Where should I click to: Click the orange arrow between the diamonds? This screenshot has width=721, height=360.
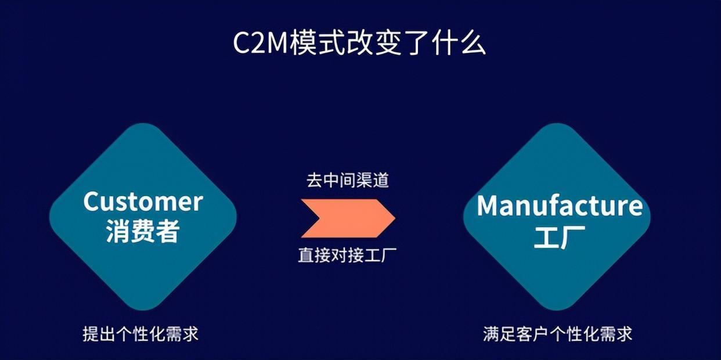pos(348,218)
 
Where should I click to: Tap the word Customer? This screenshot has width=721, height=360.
pos(143,201)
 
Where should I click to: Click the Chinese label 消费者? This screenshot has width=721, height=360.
pos(143,231)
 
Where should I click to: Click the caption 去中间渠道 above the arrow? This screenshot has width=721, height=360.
pos(348,180)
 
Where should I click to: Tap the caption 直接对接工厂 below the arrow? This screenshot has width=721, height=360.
pos(348,255)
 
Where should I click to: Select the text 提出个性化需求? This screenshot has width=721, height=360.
pos(140,333)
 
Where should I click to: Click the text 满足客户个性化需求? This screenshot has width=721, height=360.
pos(558,333)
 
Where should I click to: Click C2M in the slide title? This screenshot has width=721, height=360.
pos(260,43)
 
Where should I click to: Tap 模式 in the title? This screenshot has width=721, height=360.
pos(317,43)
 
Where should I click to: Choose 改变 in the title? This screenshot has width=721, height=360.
pos(374,43)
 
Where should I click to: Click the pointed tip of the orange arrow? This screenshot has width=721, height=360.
pos(395,218)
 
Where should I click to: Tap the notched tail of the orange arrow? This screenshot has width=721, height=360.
pos(319,218)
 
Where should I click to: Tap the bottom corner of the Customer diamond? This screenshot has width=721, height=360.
pos(143,309)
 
